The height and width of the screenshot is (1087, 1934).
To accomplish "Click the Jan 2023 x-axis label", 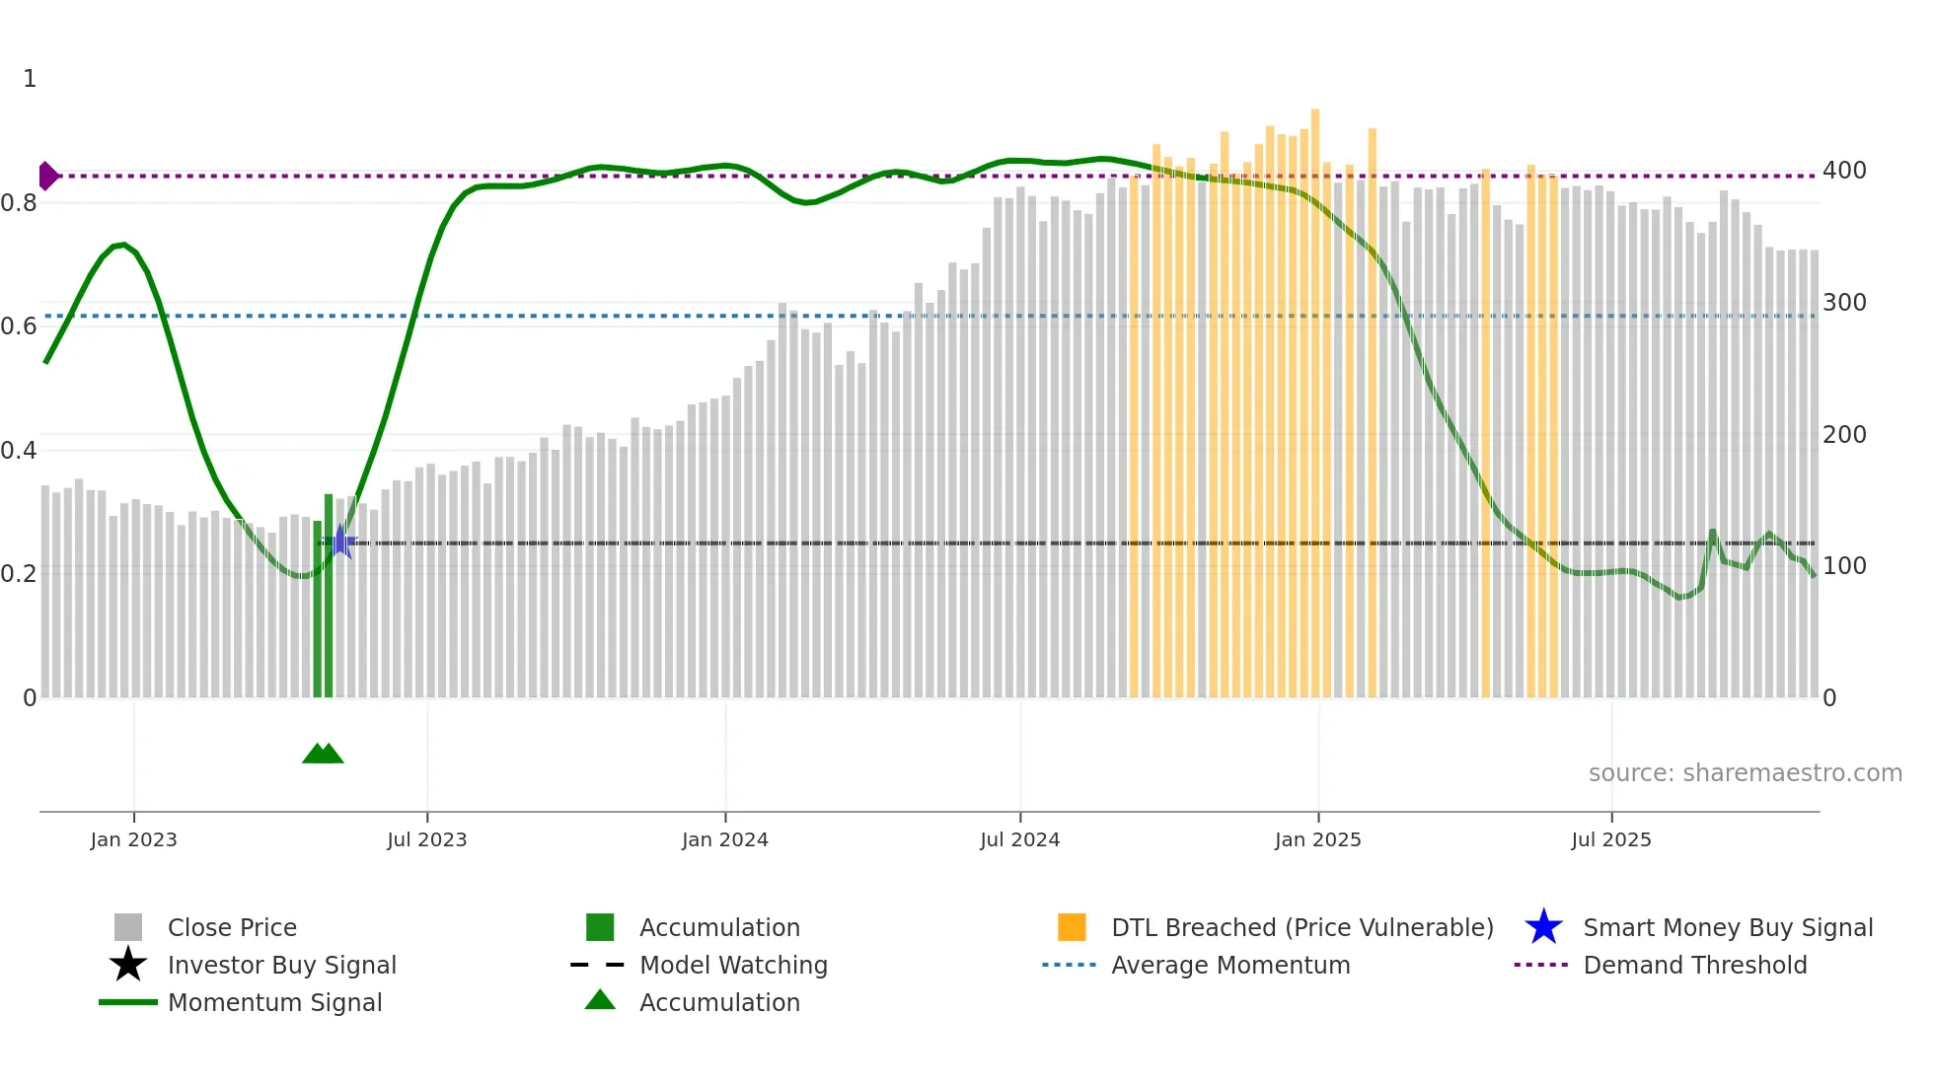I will click(x=133, y=839).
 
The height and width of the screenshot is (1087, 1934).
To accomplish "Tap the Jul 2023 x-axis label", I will click(x=426, y=839).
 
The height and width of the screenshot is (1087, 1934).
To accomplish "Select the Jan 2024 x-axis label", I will click(x=724, y=839).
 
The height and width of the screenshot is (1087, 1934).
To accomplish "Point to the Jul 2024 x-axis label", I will click(x=1019, y=839).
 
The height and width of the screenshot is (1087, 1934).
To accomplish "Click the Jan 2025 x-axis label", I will click(x=1317, y=839).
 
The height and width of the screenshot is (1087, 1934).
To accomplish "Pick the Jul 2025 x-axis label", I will click(x=1610, y=839).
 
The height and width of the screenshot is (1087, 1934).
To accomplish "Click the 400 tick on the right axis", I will click(x=1844, y=171).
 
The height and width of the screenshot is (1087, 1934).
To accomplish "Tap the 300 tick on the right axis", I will click(x=1844, y=303).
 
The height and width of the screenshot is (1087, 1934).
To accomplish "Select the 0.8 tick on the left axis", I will click(x=19, y=203).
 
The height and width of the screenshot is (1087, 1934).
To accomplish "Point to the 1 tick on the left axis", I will click(x=30, y=79).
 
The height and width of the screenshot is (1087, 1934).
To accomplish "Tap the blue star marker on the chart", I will click(x=340, y=542).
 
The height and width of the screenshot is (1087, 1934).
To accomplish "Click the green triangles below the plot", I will click(x=323, y=754).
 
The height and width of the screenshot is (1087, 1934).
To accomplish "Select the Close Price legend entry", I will click(x=232, y=927).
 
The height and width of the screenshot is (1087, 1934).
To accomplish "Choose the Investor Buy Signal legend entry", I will click(x=281, y=965).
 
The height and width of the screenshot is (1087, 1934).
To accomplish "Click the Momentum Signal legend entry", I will click(x=274, y=1002).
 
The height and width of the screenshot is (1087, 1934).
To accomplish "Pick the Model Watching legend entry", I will click(x=733, y=965).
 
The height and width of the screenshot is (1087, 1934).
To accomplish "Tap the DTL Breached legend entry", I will click(x=1302, y=927).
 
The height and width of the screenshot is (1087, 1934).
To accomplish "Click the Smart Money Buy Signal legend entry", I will click(x=1728, y=927).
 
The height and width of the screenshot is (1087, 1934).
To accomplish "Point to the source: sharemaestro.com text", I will click(x=1745, y=772).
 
